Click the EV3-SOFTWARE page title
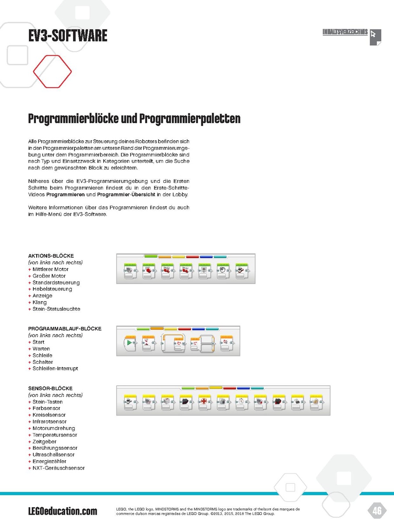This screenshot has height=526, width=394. [x=67, y=36]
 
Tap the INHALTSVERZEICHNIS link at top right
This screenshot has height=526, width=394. [x=345, y=32]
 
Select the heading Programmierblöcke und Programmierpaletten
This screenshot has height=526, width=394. [x=134, y=119]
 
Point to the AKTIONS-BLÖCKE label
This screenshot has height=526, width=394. [x=51, y=256]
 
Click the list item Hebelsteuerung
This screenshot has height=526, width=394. [x=52, y=289]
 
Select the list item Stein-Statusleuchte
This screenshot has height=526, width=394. [x=56, y=309]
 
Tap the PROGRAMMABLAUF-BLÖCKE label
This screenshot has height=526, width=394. [x=65, y=328]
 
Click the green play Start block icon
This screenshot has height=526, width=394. [x=129, y=343]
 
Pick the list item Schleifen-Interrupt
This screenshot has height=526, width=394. [x=55, y=369]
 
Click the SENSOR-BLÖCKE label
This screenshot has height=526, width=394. [x=50, y=388]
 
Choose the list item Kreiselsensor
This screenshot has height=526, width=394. [x=49, y=415]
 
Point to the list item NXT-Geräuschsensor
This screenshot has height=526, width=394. [x=58, y=468]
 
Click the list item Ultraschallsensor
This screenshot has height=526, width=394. [x=53, y=455]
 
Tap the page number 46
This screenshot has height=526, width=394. [x=376, y=510]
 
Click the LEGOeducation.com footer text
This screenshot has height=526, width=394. [x=63, y=511]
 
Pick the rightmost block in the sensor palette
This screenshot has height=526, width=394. [x=316, y=402]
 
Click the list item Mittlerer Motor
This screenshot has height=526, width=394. [x=50, y=269]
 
